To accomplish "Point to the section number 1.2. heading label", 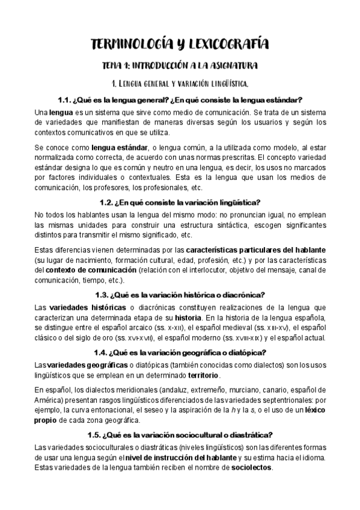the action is click(x=108, y=203).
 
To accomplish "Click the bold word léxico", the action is click(x=314, y=411).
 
